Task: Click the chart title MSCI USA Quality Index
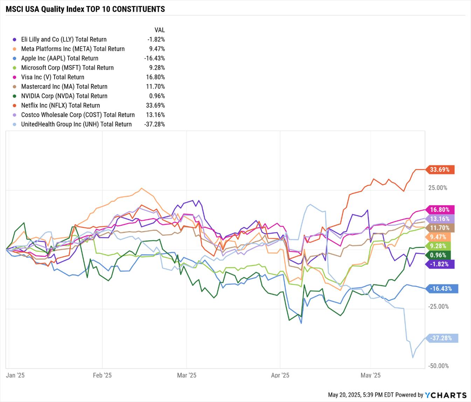pos(85,9)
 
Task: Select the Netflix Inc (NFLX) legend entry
pos(60,105)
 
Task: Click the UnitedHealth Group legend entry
pos(76,124)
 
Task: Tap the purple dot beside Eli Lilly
pos(14,40)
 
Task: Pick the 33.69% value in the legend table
pos(156,105)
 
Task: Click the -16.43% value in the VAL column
pos(154,58)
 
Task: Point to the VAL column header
pos(159,30)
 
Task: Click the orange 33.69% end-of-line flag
pos(440,170)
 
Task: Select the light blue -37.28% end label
pos(441,338)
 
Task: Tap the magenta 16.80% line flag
pos(440,210)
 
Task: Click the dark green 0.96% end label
pos(438,255)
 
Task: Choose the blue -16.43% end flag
pos(441,289)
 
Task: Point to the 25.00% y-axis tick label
pos(438,188)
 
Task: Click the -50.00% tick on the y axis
pos(438,366)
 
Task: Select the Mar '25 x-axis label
pos(187,375)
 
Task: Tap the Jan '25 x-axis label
pos(15,375)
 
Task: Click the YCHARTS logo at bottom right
pos(446,395)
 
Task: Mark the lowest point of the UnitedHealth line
pos(413,357)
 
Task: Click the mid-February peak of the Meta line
pos(141,188)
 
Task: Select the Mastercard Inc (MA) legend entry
pos(64,87)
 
